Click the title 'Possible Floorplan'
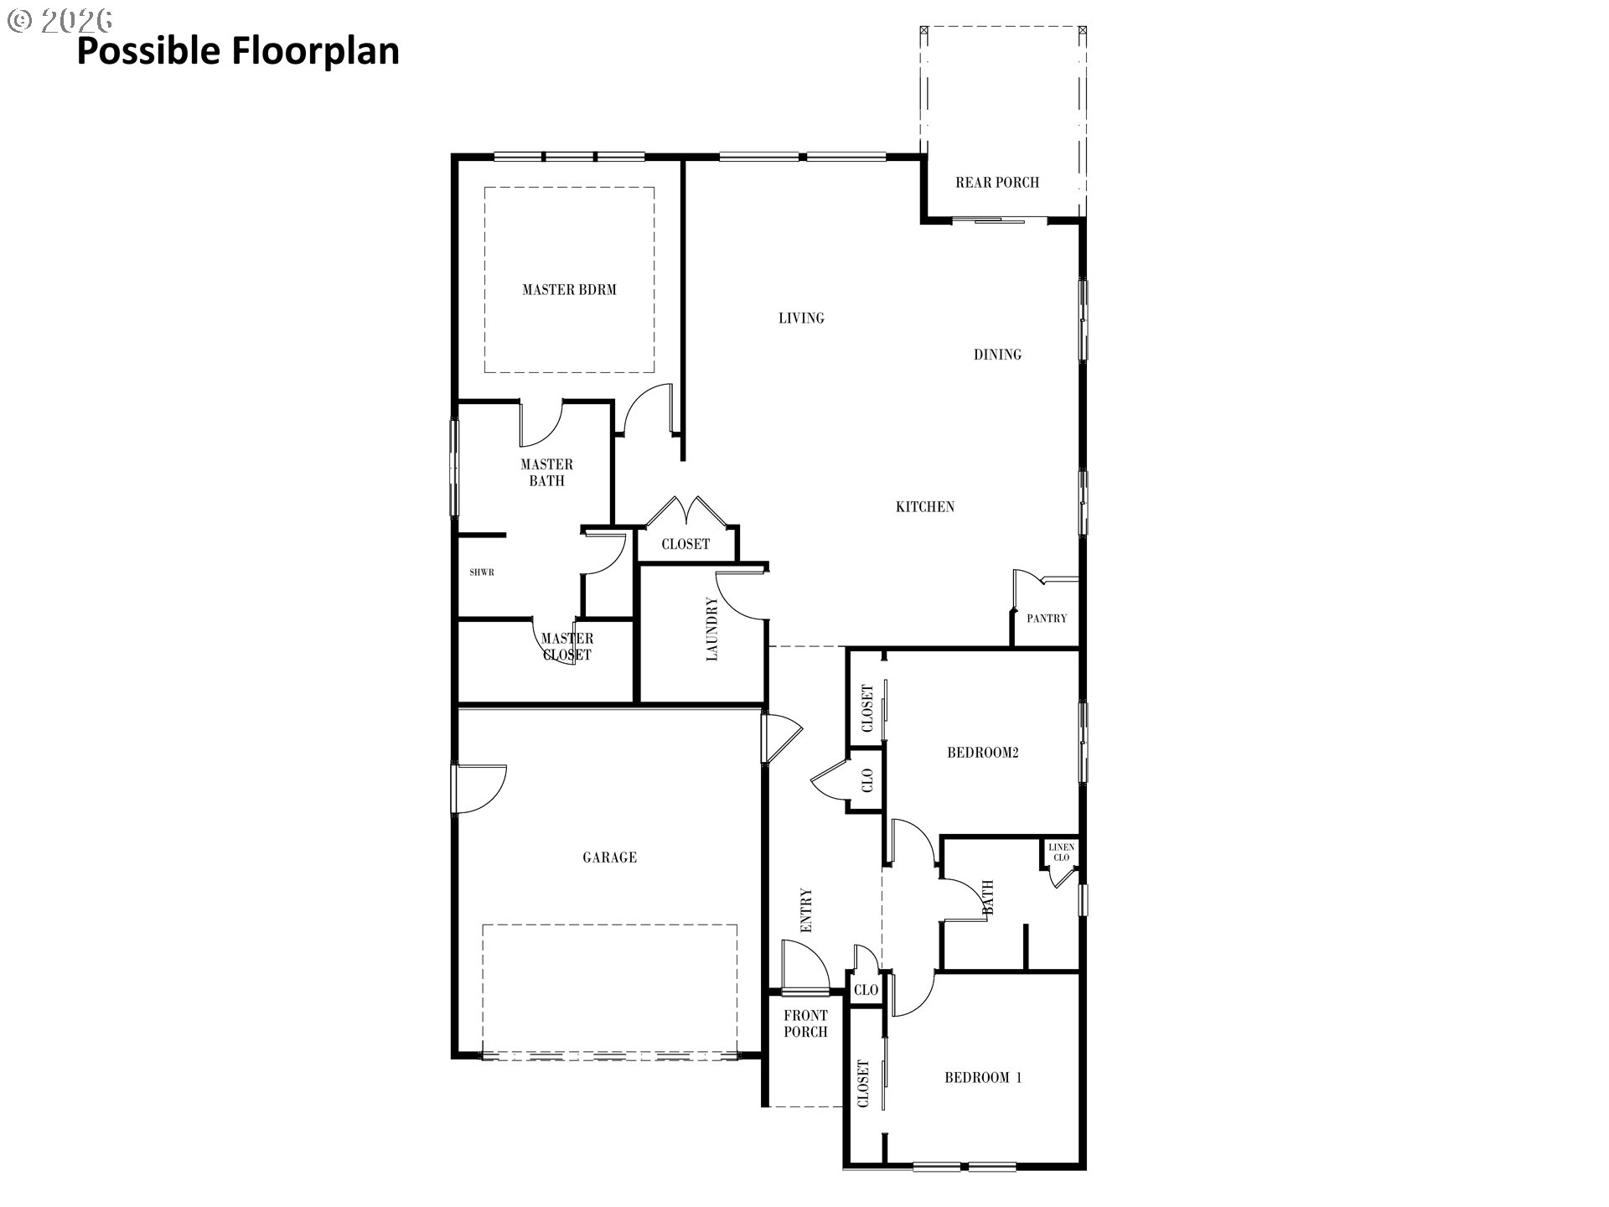coord(238,52)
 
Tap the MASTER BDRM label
coord(569,290)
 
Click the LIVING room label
coord(801,318)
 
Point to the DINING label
coord(997,355)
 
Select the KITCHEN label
coord(925,506)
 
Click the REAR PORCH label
coord(997,182)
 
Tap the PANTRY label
coord(1047,619)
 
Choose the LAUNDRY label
coord(712,629)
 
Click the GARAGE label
coord(609,857)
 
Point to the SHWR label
coord(482,572)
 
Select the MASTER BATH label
coord(547,473)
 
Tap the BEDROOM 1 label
coord(983,1078)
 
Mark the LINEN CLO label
coord(1061,852)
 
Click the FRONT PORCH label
coord(805,1023)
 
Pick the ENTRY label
coord(806,910)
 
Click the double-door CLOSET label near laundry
coord(686,544)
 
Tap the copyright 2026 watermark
coord(59,20)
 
